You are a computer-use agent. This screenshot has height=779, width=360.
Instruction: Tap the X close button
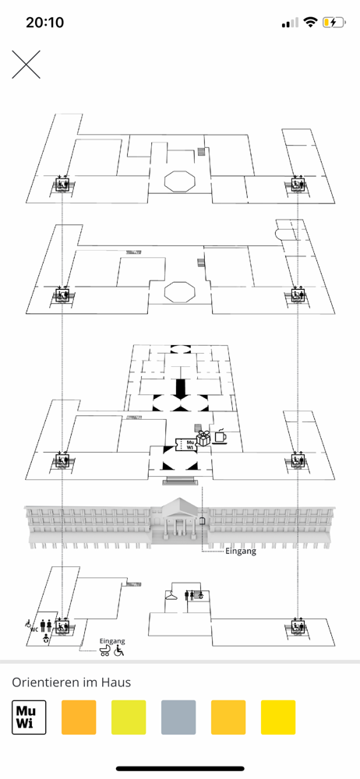pos(26,64)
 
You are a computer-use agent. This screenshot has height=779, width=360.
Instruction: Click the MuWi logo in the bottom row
pos(29,717)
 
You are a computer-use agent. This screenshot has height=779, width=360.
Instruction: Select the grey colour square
pos(178,717)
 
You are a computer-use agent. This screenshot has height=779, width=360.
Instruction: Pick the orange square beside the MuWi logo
pos(79,717)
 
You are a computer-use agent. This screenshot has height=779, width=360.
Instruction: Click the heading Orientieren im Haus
pos(72,682)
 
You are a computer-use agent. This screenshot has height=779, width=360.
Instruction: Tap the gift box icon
pos(203,439)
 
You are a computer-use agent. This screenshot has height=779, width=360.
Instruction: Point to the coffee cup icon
pos(220,435)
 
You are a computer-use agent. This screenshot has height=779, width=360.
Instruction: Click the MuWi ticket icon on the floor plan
pos(186,445)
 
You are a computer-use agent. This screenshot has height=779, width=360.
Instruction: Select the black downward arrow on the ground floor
pos(180,388)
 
